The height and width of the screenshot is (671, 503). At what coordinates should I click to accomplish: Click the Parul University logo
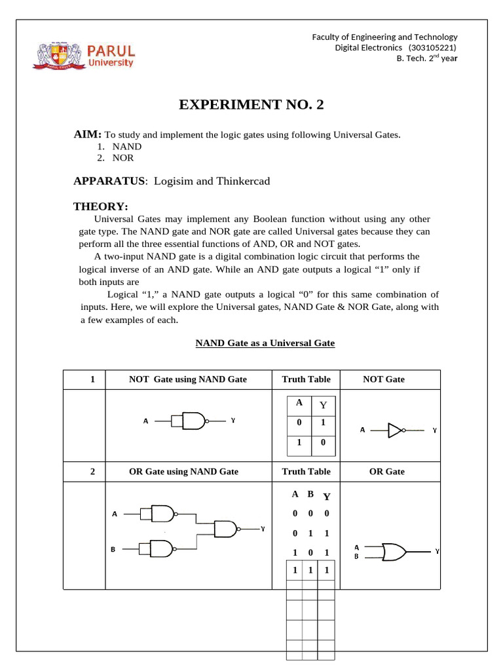click(84, 55)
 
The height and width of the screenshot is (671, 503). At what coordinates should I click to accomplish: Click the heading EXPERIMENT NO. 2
click(251, 105)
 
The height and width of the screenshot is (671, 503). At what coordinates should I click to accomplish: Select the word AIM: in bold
click(87, 134)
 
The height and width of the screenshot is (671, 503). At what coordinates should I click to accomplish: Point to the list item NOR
click(123, 158)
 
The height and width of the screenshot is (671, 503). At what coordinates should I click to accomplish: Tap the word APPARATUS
click(108, 181)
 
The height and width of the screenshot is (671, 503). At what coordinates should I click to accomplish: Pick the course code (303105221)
click(432, 47)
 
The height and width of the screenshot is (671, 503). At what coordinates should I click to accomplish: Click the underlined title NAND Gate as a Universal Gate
click(265, 343)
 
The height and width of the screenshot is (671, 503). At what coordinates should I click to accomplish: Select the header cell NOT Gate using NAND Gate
click(188, 379)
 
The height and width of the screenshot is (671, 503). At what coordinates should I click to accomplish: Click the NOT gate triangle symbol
click(396, 431)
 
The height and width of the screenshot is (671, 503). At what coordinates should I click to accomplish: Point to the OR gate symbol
click(394, 552)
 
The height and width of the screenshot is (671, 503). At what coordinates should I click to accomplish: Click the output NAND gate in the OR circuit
click(226, 529)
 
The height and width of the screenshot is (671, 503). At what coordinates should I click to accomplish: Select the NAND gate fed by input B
click(161, 548)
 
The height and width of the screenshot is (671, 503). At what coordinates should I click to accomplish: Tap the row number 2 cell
click(93, 471)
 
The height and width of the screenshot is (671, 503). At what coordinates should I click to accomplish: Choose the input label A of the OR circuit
click(115, 514)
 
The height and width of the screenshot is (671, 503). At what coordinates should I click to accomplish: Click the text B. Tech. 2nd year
click(427, 58)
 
